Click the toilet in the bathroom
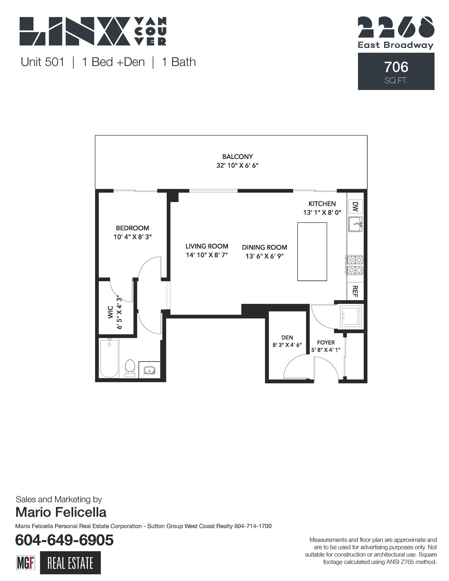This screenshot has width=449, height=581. point(130,368)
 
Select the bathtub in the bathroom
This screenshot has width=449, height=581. point(109,358)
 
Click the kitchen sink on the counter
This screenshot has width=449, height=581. point(355,224)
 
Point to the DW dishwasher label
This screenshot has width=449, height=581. point(355,207)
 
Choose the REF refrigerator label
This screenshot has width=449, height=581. point(355,291)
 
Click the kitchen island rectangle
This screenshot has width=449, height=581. point(312,251)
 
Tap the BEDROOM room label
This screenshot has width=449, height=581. point(132,228)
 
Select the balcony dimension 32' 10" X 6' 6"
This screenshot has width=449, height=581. point(237,165)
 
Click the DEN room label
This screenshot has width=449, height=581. point(287,337)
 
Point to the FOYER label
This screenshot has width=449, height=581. point(326,342)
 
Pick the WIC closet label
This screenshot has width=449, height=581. point(111,312)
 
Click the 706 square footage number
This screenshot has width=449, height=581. point(396,67)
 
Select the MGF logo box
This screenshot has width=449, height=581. point(25,563)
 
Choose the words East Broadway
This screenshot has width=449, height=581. point(396,45)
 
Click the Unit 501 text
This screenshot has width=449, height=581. point(43,62)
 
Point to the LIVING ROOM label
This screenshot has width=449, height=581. point(207,246)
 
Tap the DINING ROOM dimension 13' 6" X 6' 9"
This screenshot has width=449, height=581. point(264,256)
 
